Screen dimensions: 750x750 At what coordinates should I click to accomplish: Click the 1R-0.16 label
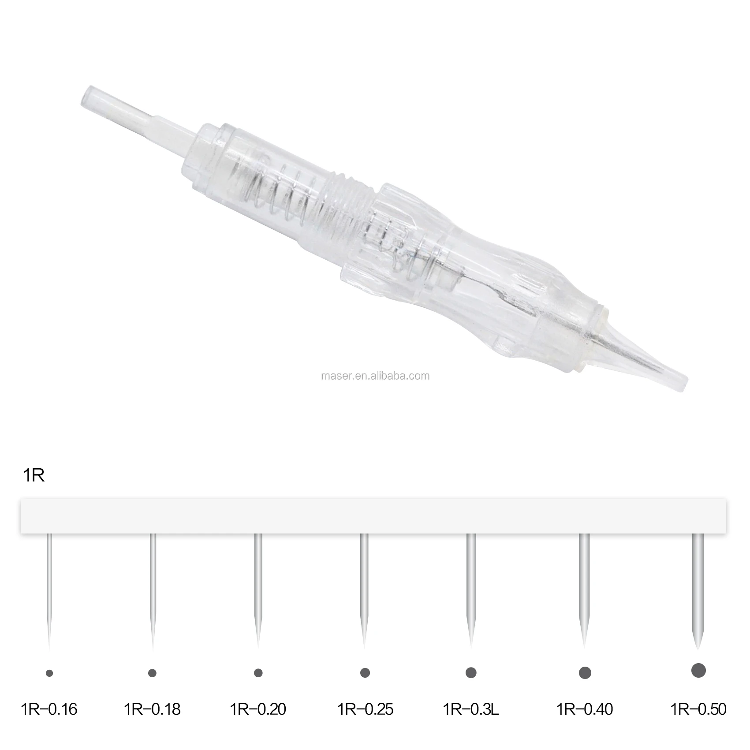point(49,709)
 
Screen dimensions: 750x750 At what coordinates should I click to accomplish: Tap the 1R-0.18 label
point(152,709)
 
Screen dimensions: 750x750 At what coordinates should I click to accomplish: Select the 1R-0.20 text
point(258,709)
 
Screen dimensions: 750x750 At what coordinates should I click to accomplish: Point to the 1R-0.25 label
point(365,709)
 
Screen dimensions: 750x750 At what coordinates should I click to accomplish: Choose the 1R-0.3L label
point(471,709)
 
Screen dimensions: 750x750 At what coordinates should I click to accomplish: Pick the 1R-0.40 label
point(585,709)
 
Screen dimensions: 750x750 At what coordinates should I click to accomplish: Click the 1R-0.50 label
point(698,709)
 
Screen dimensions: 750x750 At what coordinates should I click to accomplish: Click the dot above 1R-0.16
point(49,673)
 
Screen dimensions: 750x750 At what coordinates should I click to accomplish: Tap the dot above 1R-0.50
point(698,670)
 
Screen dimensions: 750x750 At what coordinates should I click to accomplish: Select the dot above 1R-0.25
point(365,673)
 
